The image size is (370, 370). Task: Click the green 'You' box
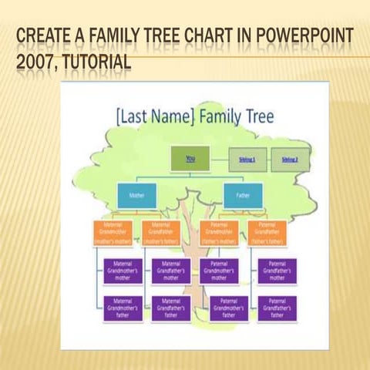coord(190,160)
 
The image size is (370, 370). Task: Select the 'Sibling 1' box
coord(247,160)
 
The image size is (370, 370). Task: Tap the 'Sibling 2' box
coord(290,160)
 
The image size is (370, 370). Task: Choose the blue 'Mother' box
coord(136,196)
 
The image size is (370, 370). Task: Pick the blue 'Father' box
coord(243,196)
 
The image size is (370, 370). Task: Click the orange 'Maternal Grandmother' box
coord(113,233)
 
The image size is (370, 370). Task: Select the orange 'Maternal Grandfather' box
coord(161,233)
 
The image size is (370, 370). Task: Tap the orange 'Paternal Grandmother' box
coord(220,233)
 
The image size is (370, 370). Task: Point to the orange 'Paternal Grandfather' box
coord(267,233)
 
